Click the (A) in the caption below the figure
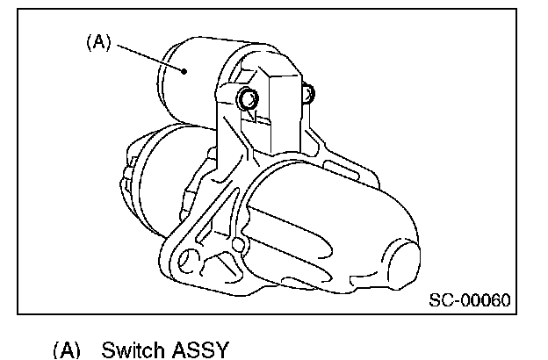coord(66,350)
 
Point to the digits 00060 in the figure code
coord(485,300)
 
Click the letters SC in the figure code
coord(439,300)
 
